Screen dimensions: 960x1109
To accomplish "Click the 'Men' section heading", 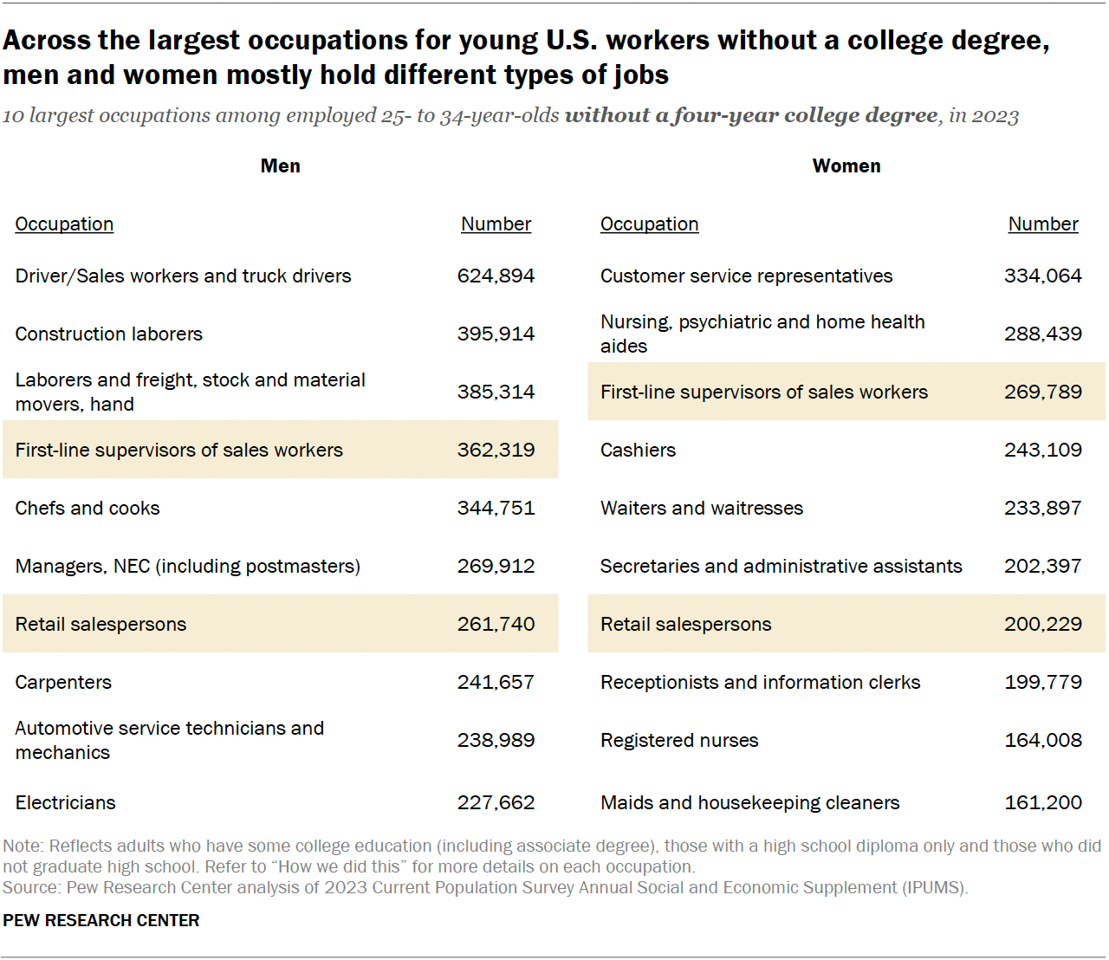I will click(x=280, y=165).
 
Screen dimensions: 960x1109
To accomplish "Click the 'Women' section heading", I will click(x=846, y=165).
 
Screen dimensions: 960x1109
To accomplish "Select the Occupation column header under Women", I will click(x=649, y=224).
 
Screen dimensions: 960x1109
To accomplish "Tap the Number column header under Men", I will click(x=496, y=224).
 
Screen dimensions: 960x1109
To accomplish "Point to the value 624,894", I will click(x=496, y=276).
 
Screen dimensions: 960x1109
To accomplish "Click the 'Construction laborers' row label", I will click(x=108, y=334).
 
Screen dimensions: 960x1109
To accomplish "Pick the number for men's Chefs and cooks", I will click(x=496, y=508).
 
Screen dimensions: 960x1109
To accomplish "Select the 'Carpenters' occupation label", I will click(x=63, y=682).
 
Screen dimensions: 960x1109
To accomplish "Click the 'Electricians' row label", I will click(x=65, y=802).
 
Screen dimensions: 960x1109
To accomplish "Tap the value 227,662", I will click(x=496, y=802).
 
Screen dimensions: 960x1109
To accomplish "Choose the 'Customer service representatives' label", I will click(x=746, y=276).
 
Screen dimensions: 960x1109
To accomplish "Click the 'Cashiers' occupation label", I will click(x=638, y=450).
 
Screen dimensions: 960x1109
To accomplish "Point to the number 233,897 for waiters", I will click(x=1042, y=508).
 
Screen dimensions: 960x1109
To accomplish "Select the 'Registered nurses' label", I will click(x=679, y=740).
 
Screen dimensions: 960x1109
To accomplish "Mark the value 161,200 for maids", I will click(x=1042, y=802).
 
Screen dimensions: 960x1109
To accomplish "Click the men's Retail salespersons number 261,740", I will click(x=496, y=624).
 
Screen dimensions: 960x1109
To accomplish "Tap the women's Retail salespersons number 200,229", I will click(x=1042, y=624).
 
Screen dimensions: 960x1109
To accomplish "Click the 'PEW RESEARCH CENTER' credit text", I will click(x=101, y=920).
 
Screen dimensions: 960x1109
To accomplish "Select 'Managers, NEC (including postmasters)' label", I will click(x=187, y=566).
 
